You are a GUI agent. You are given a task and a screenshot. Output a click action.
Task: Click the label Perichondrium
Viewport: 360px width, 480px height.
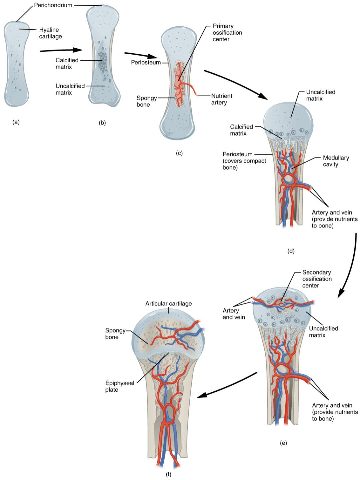(x=53, y=5)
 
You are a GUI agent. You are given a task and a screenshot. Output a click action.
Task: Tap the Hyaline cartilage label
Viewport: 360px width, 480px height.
(x=50, y=33)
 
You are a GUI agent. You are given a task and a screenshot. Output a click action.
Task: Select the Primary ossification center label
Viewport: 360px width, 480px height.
(x=227, y=33)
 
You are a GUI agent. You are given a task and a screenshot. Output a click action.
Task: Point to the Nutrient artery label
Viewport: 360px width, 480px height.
(x=221, y=99)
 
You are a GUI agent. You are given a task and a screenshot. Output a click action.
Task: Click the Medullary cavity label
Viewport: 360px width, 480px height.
(x=336, y=161)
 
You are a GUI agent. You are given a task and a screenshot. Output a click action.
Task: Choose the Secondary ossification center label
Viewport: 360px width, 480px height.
(x=317, y=279)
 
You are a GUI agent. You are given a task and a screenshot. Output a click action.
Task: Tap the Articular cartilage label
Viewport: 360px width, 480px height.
(x=168, y=303)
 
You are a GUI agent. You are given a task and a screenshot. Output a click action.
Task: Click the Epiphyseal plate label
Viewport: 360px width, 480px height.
(x=119, y=386)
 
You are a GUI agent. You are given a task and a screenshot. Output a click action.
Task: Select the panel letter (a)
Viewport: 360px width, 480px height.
(x=16, y=122)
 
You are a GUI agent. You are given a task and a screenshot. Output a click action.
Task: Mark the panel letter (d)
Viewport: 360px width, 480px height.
(x=291, y=251)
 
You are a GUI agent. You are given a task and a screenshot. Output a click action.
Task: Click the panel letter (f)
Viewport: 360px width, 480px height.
(x=169, y=474)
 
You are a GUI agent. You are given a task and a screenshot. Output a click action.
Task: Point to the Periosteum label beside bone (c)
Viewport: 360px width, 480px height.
(x=146, y=62)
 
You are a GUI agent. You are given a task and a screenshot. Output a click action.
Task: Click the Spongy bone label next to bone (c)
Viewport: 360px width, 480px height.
(x=146, y=101)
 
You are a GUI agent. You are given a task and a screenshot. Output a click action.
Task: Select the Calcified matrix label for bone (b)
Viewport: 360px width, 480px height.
(x=67, y=64)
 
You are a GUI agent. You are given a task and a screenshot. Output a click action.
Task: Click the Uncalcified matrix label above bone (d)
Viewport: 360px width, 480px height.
(x=320, y=95)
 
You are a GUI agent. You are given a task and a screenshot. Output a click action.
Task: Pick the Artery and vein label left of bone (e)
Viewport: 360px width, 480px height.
(x=233, y=314)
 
